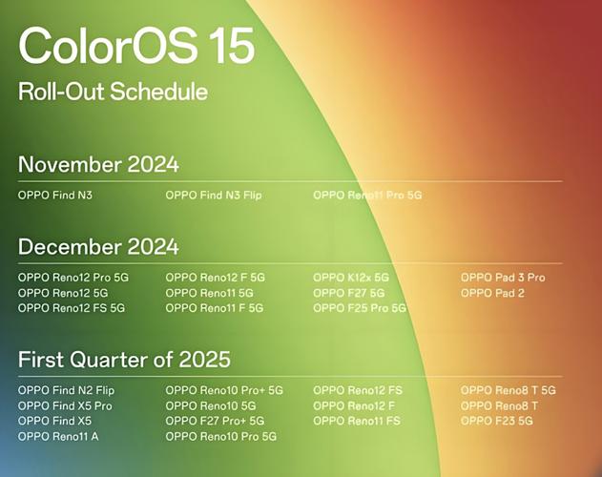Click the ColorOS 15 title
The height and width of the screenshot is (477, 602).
(136, 46)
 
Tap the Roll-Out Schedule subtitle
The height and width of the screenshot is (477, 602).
(113, 92)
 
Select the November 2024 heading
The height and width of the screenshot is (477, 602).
(98, 164)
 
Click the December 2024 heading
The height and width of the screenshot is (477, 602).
(98, 246)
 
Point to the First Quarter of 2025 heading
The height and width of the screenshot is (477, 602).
(124, 360)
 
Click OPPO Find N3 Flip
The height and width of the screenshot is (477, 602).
(214, 196)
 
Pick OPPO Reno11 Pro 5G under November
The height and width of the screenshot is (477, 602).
(367, 196)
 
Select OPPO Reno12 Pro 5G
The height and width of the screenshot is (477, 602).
(73, 278)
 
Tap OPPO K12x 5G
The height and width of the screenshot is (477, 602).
(351, 278)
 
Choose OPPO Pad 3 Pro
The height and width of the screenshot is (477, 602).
(503, 278)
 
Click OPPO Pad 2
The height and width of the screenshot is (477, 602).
(492, 293)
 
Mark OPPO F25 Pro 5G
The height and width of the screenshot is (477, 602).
(360, 308)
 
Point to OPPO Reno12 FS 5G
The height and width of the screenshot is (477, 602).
(72, 308)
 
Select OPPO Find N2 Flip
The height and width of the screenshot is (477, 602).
(66, 390)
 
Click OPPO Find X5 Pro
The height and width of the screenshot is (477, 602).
(65, 406)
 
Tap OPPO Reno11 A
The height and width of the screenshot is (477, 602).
(58, 436)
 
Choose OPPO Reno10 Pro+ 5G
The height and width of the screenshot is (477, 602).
(224, 390)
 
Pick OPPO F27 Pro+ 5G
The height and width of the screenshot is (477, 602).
(215, 421)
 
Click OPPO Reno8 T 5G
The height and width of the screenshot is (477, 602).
(509, 390)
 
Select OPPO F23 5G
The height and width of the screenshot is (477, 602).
(497, 421)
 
